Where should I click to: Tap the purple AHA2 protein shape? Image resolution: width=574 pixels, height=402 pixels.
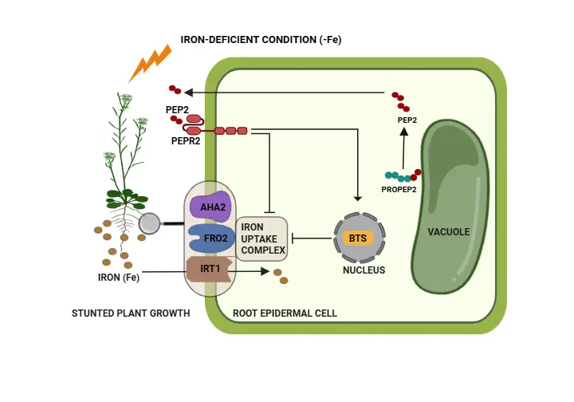point(210,207)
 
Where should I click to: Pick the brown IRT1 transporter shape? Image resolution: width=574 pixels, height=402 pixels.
point(208,270)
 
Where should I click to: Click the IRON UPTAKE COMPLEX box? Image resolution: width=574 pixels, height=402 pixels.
point(261,238)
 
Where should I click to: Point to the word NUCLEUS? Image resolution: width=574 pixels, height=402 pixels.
point(364,270)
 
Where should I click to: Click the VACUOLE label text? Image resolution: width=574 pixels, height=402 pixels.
point(448,232)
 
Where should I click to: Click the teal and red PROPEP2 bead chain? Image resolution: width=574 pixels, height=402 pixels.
point(402,175)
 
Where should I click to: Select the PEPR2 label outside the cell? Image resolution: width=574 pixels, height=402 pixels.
point(185,140)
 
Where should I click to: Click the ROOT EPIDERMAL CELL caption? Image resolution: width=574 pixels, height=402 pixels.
point(285,313)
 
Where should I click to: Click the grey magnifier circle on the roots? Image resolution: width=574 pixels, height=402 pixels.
point(149,224)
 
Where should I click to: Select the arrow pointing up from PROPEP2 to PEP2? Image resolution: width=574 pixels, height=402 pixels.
point(403,145)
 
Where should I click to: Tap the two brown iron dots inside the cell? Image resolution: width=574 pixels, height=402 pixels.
point(281,276)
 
